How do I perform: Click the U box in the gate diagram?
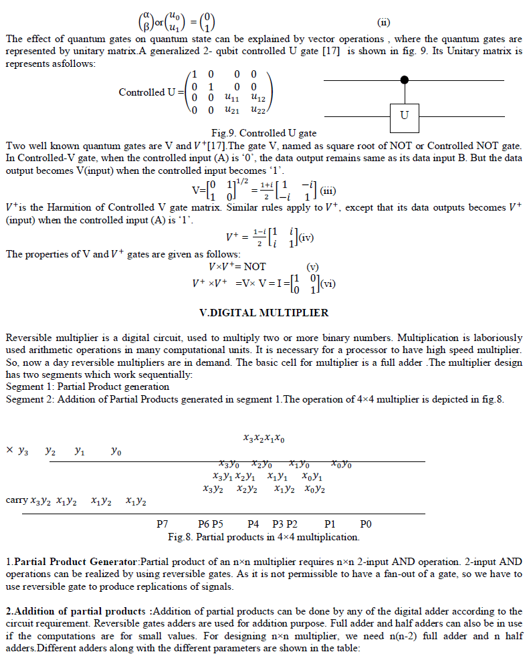pos(404,116)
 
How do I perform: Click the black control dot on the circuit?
pos(404,80)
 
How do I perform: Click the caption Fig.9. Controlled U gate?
pos(264,133)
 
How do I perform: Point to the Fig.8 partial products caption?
pos(264,536)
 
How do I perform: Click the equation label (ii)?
pos(384,21)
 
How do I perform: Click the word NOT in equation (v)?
pos(255,266)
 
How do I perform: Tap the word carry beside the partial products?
pos(15,500)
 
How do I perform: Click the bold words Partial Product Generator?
pos(75,562)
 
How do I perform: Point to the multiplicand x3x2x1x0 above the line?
pos(264,439)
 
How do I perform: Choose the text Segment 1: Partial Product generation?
pos(87,387)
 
